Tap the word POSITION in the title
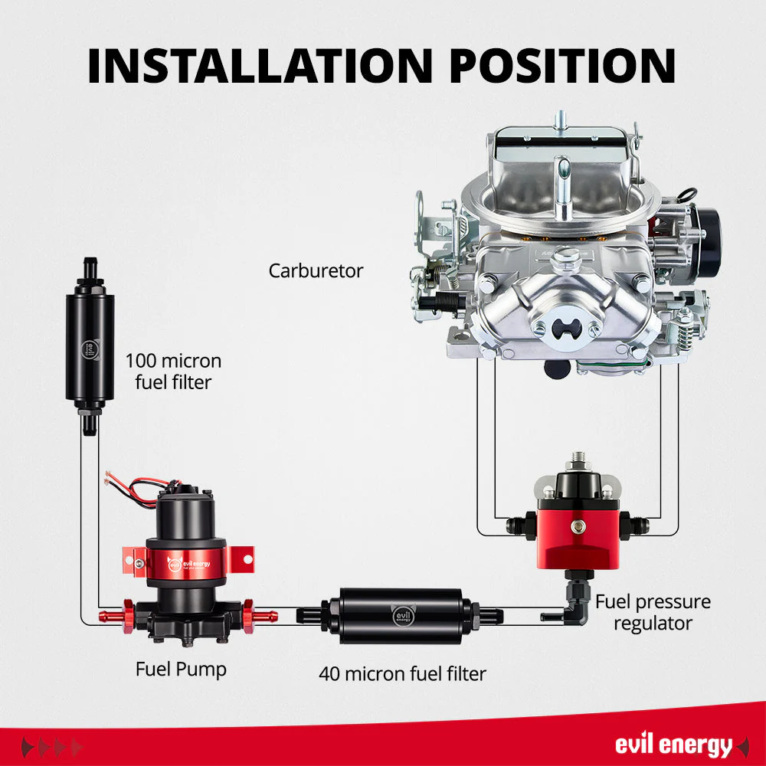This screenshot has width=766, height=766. pyautogui.click(x=562, y=66)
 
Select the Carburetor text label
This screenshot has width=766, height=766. pyautogui.click(x=316, y=270)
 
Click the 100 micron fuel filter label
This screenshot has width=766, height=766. pyautogui.click(x=173, y=372)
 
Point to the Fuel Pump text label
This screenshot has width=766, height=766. pyautogui.click(x=181, y=669)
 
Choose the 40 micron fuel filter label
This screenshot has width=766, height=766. pyautogui.click(x=403, y=673)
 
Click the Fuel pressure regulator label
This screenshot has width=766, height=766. pyautogui.click(x=653, y=613)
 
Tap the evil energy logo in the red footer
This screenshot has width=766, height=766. pyautogui.click(x=674, y=745)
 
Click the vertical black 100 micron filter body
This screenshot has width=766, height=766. pyautogui.click(x=90, y=347)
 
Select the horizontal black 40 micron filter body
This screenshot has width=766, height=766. pyautogui.click(x=401, y=616)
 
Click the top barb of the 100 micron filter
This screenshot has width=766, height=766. pyautogui.click(x=90, y=267)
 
